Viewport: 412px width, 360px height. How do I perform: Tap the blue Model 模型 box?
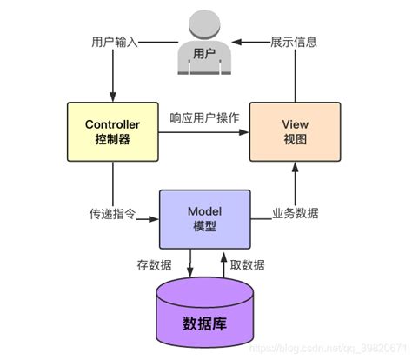pyautogui.click(x=204, y=217)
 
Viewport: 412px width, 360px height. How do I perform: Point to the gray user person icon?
pyautogui.click(x=204, y=43)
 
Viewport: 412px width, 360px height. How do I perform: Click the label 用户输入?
pyautogui.click(x=114, y=42)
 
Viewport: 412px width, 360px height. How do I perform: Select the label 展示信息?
pyautogui.click(x=293, y=42)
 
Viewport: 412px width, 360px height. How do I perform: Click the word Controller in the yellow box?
pyautogui.click(x=112, y=123)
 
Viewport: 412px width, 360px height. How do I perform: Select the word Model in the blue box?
pyautogui.click(x=204, y=210)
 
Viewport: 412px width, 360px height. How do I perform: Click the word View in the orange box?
pyautogui.click(x=296, y=123)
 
